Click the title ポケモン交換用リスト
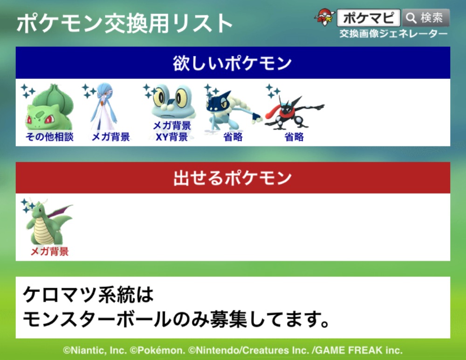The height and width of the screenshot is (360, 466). point(124,23)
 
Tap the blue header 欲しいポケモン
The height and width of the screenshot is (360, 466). point(233,63)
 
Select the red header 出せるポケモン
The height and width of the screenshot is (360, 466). point(233,178)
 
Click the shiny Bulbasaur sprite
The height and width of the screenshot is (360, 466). point(49,107)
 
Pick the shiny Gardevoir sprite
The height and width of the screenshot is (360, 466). point(104,106)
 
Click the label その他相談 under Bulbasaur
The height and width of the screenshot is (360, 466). point(49,137)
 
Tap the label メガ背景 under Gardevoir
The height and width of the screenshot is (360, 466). point(111,137)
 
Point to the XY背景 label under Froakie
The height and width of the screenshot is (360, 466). point(172,137)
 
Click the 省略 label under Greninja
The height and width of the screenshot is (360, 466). point(294,137)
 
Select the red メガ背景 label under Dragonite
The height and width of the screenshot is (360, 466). point(50,251)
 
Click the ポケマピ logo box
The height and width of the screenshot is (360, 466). point(369,18)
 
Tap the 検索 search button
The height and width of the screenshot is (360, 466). point(425,18)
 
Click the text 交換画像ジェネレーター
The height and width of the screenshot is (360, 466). point(393,34)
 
